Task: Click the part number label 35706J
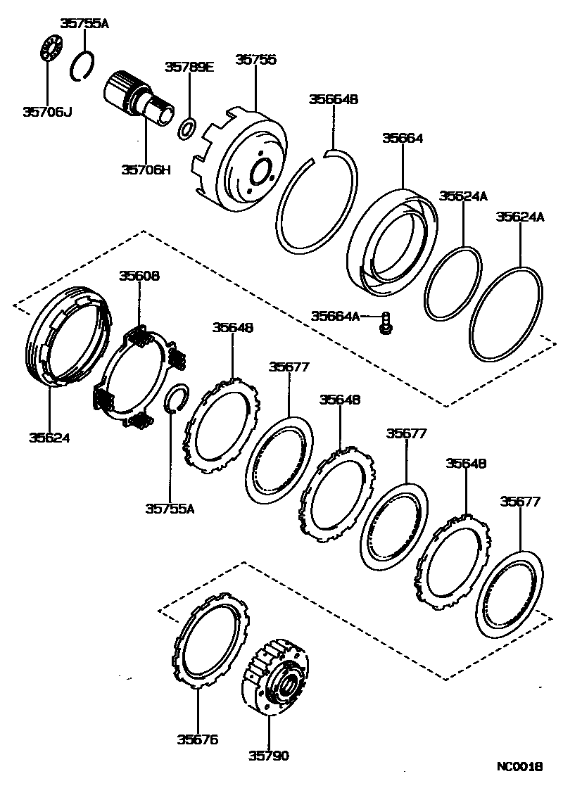[46, 111]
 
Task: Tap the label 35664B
[334, 99]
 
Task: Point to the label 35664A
[335, 317]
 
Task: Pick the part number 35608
[139, 277]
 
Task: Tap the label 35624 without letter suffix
[49, 438]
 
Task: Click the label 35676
[198, 739]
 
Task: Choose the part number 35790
[268, 756]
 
